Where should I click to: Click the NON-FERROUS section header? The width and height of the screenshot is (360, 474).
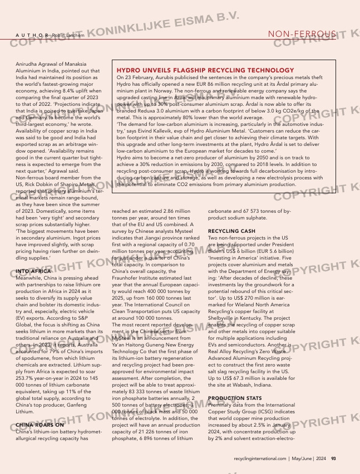302,35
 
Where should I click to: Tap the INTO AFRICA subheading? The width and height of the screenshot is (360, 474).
28,271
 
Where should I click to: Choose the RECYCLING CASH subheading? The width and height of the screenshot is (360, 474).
231,231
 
